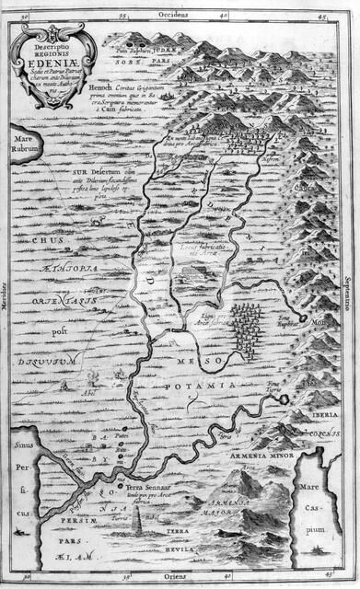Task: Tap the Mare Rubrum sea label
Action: coord(22,134)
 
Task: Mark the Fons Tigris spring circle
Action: coord(285,398)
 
